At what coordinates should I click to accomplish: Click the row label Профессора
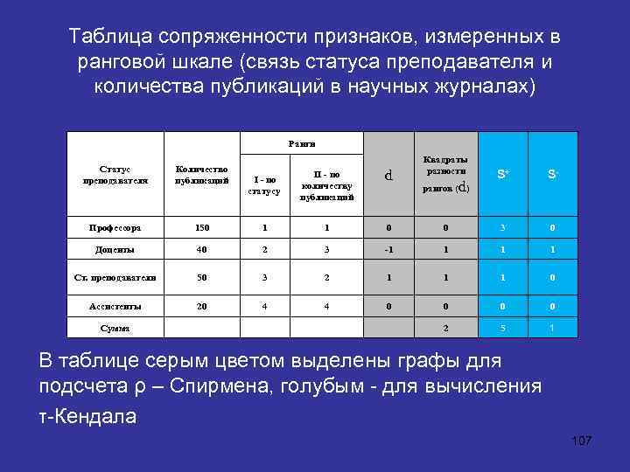click(x=115, y=228)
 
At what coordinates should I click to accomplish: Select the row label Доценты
click(x=115, y=248)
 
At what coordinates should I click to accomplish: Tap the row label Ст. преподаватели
click(x=115, y=277)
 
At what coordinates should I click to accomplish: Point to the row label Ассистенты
click(x=115, y=307)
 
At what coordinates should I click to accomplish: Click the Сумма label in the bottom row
click(x=115, y=329)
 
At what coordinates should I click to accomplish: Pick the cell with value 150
click(x=202, y=228)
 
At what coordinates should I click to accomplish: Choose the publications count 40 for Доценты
click(x=202, y=248)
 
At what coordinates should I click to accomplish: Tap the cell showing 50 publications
click(x=202, y=277)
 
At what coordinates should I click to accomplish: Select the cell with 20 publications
click(x=202, y=307)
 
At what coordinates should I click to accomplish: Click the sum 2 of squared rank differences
click(x=445, y=329)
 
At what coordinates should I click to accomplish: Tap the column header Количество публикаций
click(x=202, y=174)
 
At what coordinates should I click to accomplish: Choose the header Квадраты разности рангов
click(x=445, y=174)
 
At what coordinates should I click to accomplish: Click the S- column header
click(x=551, y=175)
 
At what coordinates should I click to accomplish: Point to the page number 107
click(x=581, y=440)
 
